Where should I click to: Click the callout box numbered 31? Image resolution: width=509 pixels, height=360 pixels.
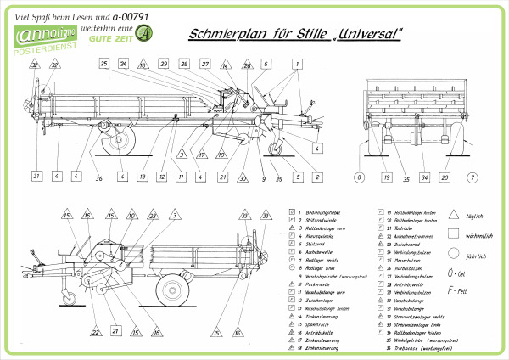[x=36, y=177]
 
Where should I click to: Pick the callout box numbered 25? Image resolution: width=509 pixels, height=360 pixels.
[x=103, y=64]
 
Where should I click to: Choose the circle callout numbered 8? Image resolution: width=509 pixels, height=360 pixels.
[x=359, y=177]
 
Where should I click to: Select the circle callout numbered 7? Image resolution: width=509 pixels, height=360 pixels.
[x=473, y=177]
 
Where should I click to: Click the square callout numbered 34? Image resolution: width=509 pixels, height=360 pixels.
[x=423, y=177]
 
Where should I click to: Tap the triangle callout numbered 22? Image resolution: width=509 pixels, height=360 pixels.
[x=95, y=331]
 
